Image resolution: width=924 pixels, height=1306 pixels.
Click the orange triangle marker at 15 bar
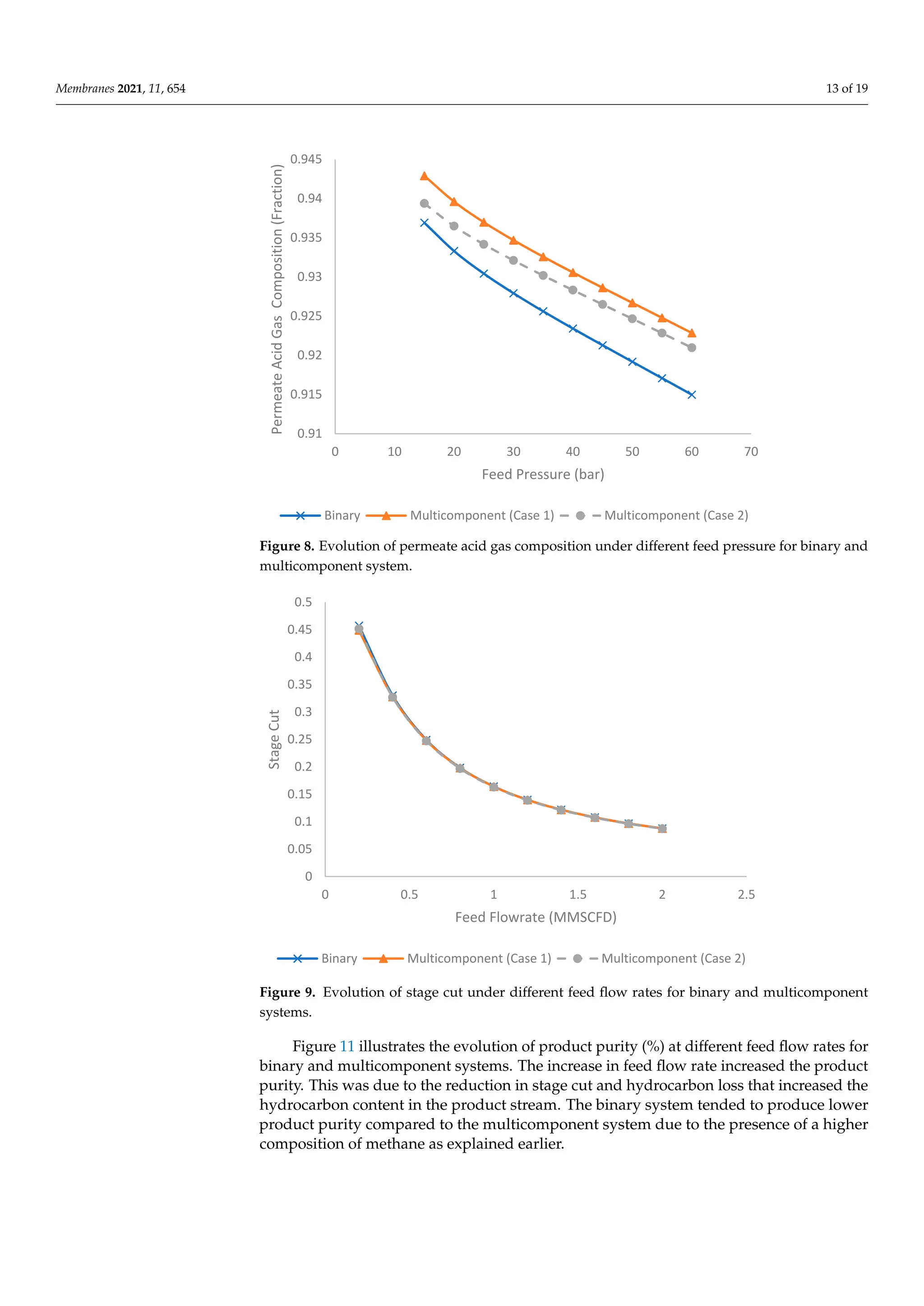point(424,176)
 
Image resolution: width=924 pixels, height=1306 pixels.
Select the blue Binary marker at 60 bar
point(691,395)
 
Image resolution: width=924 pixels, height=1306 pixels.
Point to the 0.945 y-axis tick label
point(306,159)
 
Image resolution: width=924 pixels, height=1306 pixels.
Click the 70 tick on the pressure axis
point(750,451)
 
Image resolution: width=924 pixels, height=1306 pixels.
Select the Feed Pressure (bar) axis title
point(543,474)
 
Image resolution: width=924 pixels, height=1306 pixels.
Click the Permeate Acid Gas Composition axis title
point(277,299)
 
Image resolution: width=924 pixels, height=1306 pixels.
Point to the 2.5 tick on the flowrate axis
point(746,894)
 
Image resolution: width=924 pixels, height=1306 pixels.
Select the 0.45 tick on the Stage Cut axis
point(300,629)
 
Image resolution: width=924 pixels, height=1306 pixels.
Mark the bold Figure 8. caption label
point(287,546)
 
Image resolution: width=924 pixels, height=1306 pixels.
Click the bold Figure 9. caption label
point(287,992)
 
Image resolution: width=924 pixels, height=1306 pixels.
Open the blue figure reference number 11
point(347,1046)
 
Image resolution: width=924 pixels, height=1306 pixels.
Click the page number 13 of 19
point(846,88)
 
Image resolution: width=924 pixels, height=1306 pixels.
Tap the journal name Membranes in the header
point(85,88)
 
